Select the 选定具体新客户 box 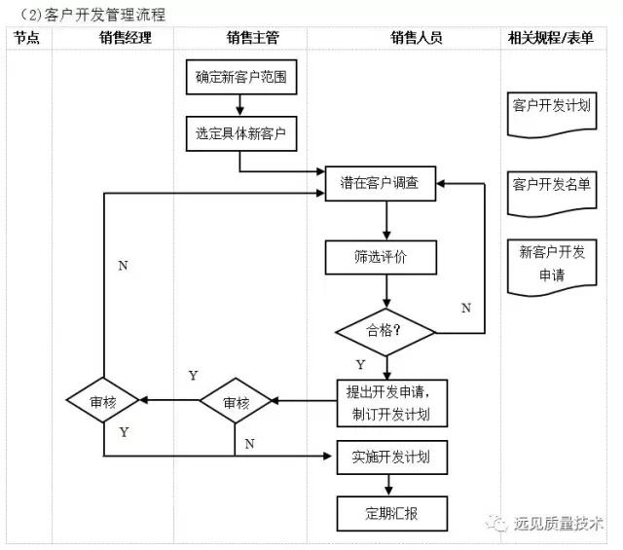240,133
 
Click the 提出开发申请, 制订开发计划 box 392,402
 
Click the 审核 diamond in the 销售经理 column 103,402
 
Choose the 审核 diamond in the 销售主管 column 236,402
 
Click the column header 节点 26,38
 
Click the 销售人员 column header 417,38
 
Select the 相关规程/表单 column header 552,38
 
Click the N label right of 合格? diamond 465,308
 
